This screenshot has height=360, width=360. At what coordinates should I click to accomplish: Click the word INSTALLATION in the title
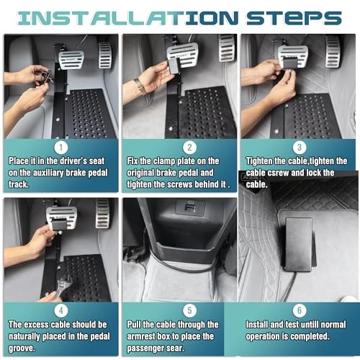(127, 18)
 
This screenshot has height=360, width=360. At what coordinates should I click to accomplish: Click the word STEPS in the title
(294, 18)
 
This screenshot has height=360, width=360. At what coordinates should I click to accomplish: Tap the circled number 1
(61, 148)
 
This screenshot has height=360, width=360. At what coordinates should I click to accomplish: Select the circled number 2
(189, 148)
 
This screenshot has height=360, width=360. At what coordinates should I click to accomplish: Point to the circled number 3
(300, 148)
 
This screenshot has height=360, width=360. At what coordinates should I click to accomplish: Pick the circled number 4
(61, 310)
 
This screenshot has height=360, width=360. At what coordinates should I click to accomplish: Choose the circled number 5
(189, 310)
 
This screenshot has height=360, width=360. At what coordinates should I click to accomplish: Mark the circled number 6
(300, 310)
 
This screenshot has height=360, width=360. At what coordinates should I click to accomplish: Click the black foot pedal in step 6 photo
(300, 245)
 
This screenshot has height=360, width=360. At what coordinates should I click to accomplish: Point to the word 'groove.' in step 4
(22, 348)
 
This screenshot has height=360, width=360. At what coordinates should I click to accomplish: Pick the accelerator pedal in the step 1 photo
(105, 55)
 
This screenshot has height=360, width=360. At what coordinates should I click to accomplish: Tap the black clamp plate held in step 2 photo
(174, 66)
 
